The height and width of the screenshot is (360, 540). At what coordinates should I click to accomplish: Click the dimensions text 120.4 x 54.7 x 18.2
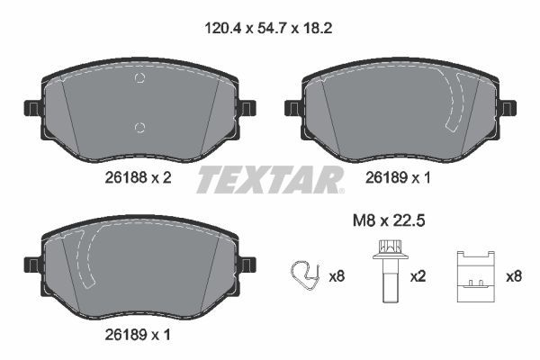tap(270, 28)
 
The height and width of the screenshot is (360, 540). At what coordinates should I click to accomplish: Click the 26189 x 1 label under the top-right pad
tap(399, 178)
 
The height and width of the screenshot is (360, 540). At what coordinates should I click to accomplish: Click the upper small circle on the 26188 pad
tap(139, 79)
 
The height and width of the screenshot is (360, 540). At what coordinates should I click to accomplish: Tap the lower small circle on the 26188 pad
tap(138, 126)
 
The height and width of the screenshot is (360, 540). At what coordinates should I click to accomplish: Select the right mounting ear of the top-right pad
tap(508, 108)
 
